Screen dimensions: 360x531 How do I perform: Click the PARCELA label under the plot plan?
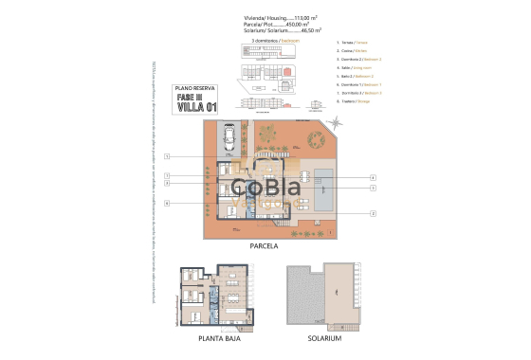[x=264, y=244]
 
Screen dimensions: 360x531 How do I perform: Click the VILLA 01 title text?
[x=197, y=107]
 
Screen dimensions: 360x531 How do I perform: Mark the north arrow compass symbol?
[x=338, y=123]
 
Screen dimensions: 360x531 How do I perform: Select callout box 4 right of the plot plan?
[x=373, y=177]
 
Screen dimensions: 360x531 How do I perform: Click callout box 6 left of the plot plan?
[x=166, y=203]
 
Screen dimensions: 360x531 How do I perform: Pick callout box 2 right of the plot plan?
[x=373, y=214]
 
